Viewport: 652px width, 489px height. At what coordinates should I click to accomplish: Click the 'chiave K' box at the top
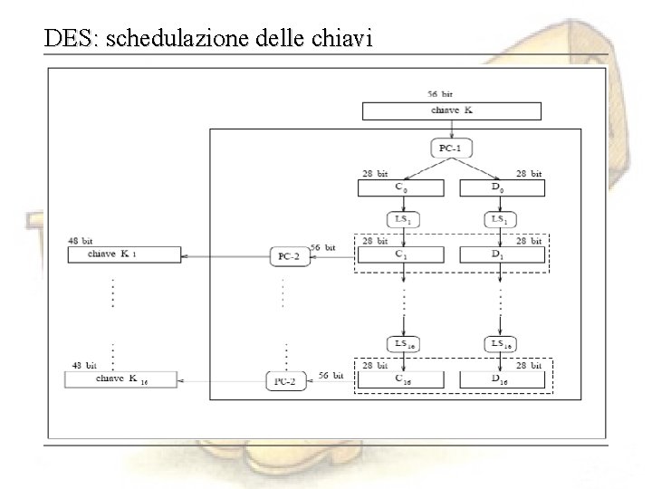pyautogui.click(x=451, y=110)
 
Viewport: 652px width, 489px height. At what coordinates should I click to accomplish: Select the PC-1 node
pyautogui.click(x=451, y=148)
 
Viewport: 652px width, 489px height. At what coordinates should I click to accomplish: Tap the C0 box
pyautogui.click(x=401, y=187)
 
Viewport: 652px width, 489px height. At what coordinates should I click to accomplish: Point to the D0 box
pyautogui.click(x=501, y=187)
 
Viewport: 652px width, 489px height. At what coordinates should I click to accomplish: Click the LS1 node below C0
pyautogui.click(x=401, y=220)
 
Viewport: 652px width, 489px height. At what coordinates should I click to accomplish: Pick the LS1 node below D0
pyautogui.click(x=501, y=220)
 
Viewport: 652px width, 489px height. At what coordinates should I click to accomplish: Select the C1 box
pyautogui.click(x=401, y=255)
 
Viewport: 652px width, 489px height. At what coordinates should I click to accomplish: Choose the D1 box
pyautogui.click(x=501, y=255)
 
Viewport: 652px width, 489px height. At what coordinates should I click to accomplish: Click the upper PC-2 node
pyautogui.click(x=289, y=256)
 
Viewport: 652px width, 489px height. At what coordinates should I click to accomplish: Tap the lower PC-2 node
pyautogui.click(x=286, y=381)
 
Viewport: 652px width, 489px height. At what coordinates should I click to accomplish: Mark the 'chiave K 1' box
pyautogui.click(x=123, y=255)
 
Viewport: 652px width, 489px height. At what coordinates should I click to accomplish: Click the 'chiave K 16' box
pyautogui.click(x=123, y=379)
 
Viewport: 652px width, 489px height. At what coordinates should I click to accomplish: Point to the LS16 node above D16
pyautogui.click(x=501, y=344)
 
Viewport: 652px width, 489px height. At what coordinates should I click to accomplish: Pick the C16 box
pyautogui.click(x=401, y=379)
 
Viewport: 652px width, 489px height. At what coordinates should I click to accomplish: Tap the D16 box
pyautogui.click(x=501, y=379)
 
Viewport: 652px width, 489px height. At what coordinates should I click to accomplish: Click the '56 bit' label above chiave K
pyautogui.click(x=441, y=93)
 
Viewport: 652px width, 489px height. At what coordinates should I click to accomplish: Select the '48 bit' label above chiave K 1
pyautogui.click(x=81, y=242)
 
